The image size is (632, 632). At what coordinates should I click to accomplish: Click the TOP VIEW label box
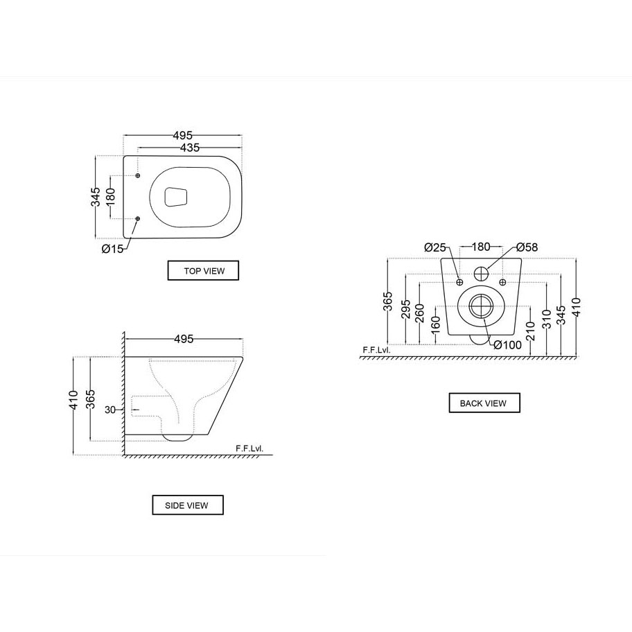[203, 270]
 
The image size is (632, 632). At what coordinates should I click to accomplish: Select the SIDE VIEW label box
[188, 505]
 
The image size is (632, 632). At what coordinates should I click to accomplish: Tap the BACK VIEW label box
[484, 403]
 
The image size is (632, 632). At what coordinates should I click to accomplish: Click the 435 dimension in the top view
[189, 148]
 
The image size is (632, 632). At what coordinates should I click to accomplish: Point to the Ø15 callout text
[112, 249]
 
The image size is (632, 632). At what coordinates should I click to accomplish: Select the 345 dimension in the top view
[96, 197]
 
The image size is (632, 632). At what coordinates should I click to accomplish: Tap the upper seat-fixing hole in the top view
[138, 176]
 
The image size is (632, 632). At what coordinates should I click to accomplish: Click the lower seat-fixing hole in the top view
[138, 218]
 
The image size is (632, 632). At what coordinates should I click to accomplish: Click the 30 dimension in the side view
[110, 410]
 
